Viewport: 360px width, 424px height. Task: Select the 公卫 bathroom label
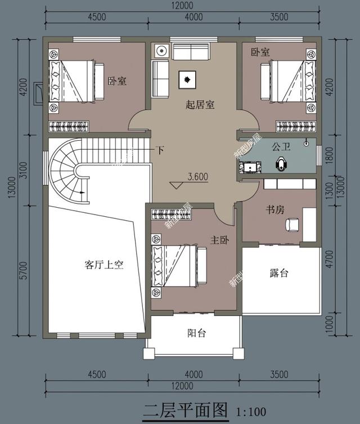(x=281, y=148)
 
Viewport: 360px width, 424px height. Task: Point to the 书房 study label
(x=275, y=209)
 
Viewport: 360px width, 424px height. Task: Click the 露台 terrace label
(x=279, y=273)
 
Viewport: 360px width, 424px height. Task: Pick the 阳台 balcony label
(x=196, y=333)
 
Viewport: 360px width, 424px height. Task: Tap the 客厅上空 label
(x=104, y=265)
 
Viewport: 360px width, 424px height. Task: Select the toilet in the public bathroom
(x=282, y=164)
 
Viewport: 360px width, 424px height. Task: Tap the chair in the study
(x=292, y=224)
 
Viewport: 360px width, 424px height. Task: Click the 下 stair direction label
(x=160, y=150)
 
